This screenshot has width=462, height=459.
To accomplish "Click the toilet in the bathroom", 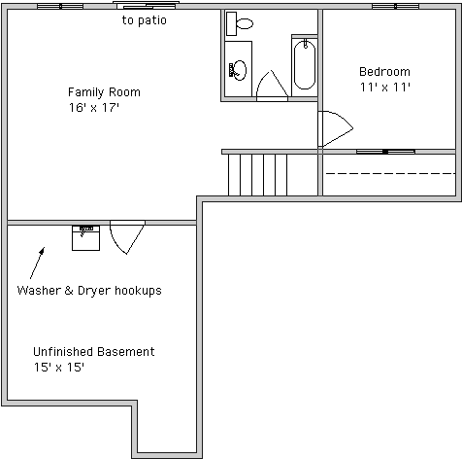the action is tap(240, 23).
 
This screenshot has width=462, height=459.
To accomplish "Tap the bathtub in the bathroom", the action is tap(305, 64).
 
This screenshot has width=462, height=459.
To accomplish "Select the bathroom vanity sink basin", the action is tap(240, 70).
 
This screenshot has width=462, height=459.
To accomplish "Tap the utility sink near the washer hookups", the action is tap(85, 238).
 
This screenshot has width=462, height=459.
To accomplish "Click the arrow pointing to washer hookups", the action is tap(37, 263).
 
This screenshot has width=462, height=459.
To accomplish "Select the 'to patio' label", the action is tap(145, 20).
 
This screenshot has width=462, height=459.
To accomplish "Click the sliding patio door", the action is tap(146, 6).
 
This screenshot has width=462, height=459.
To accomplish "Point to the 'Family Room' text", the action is tap(104, 92).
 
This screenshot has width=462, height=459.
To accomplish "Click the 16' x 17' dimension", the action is tap(94, 107).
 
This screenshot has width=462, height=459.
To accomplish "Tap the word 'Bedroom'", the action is tap(384, 71).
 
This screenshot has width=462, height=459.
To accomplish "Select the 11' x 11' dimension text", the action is tap(385, 87).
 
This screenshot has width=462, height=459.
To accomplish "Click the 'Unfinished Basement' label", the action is tap(94, 352).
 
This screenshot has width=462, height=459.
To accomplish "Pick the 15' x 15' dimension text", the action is tap(59, 368).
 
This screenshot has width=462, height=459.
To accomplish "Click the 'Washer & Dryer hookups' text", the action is tap(89, 290).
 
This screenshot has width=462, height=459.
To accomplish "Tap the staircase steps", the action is tap(257, 175).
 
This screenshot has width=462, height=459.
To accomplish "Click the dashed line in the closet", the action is tap(390, 174).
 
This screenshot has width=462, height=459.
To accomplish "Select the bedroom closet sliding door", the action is tap(385, 152).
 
